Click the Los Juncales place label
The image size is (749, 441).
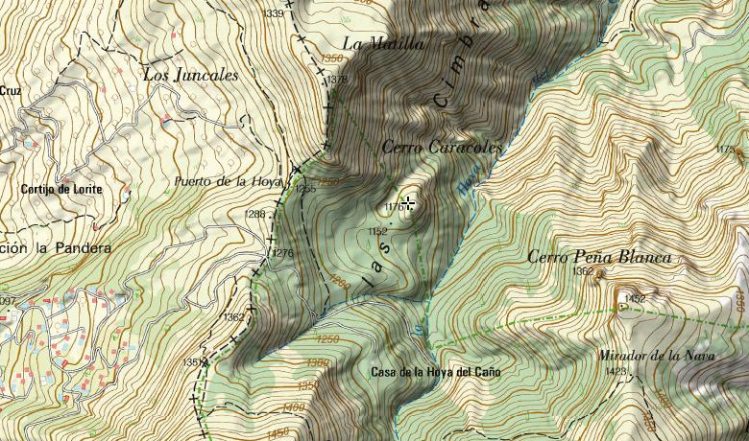(x=189, y=75)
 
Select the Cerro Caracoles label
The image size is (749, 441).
(x=442, y=148)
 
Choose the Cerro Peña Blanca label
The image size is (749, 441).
(x=599, y=257)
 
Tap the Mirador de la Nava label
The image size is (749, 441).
(x=657, y=356)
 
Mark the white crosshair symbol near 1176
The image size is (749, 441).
(x=409, y=203)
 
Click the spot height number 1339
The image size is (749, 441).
(x=273, y=13)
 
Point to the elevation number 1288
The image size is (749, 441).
(x=254, y=214)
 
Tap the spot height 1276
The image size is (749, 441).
(x=281, y=253)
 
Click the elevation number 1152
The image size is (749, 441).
(x=377, y=232)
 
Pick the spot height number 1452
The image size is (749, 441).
(x=635, y=300)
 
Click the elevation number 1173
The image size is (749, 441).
(x=726, y=150)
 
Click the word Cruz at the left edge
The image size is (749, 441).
(x=11, y=91)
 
